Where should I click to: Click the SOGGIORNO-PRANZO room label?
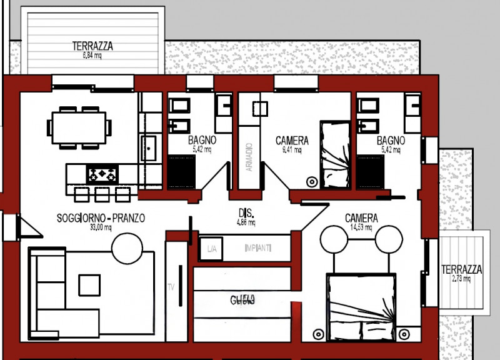[x=101, y=219]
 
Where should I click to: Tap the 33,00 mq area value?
[x=100, y=227]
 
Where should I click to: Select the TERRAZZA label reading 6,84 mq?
[x=92, y=46]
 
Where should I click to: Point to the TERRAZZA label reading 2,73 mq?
[x=461, y=270]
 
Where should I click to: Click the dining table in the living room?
[x=79, y=127]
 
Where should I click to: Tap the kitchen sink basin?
[x=149, y=149]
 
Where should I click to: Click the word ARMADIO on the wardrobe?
[x=249, y=157]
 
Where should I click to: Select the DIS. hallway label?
[x=244, y=212]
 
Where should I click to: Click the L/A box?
[x=211, y=249]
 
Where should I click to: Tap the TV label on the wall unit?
[x=170, y=287]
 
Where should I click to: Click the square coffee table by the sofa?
[x=90, y=285]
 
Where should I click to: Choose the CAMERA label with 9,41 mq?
[x=292, y=141]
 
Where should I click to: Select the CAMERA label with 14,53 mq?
[x=361, y=219]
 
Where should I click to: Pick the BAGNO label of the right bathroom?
[x=391, y=141]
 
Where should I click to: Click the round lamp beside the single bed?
[x=311, y=181]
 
